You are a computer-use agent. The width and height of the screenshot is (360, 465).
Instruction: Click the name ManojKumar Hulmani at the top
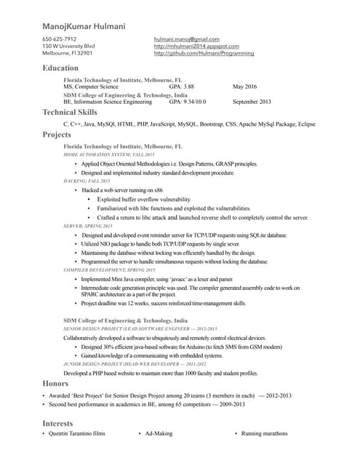coord(84,26)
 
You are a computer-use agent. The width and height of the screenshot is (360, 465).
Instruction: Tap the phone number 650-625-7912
coord(60,39)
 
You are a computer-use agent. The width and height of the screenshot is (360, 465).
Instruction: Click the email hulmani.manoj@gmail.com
coord(186,39)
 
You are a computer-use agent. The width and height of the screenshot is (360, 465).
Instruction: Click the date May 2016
coord(245,86)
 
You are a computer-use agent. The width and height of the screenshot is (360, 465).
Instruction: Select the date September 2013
coord(252,102)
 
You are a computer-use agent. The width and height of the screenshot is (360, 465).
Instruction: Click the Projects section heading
coord(57,135)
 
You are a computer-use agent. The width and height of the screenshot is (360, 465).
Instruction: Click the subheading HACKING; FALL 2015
coord(87,180)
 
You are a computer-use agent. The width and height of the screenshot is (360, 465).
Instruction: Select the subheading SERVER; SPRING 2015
coord(87,226)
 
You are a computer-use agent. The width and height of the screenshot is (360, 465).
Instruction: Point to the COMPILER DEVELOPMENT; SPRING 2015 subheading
coord(109,270)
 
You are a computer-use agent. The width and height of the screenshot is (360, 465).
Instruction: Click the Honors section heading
coord(55,383)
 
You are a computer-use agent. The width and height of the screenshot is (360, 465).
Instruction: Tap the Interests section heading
coord(58,422)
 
